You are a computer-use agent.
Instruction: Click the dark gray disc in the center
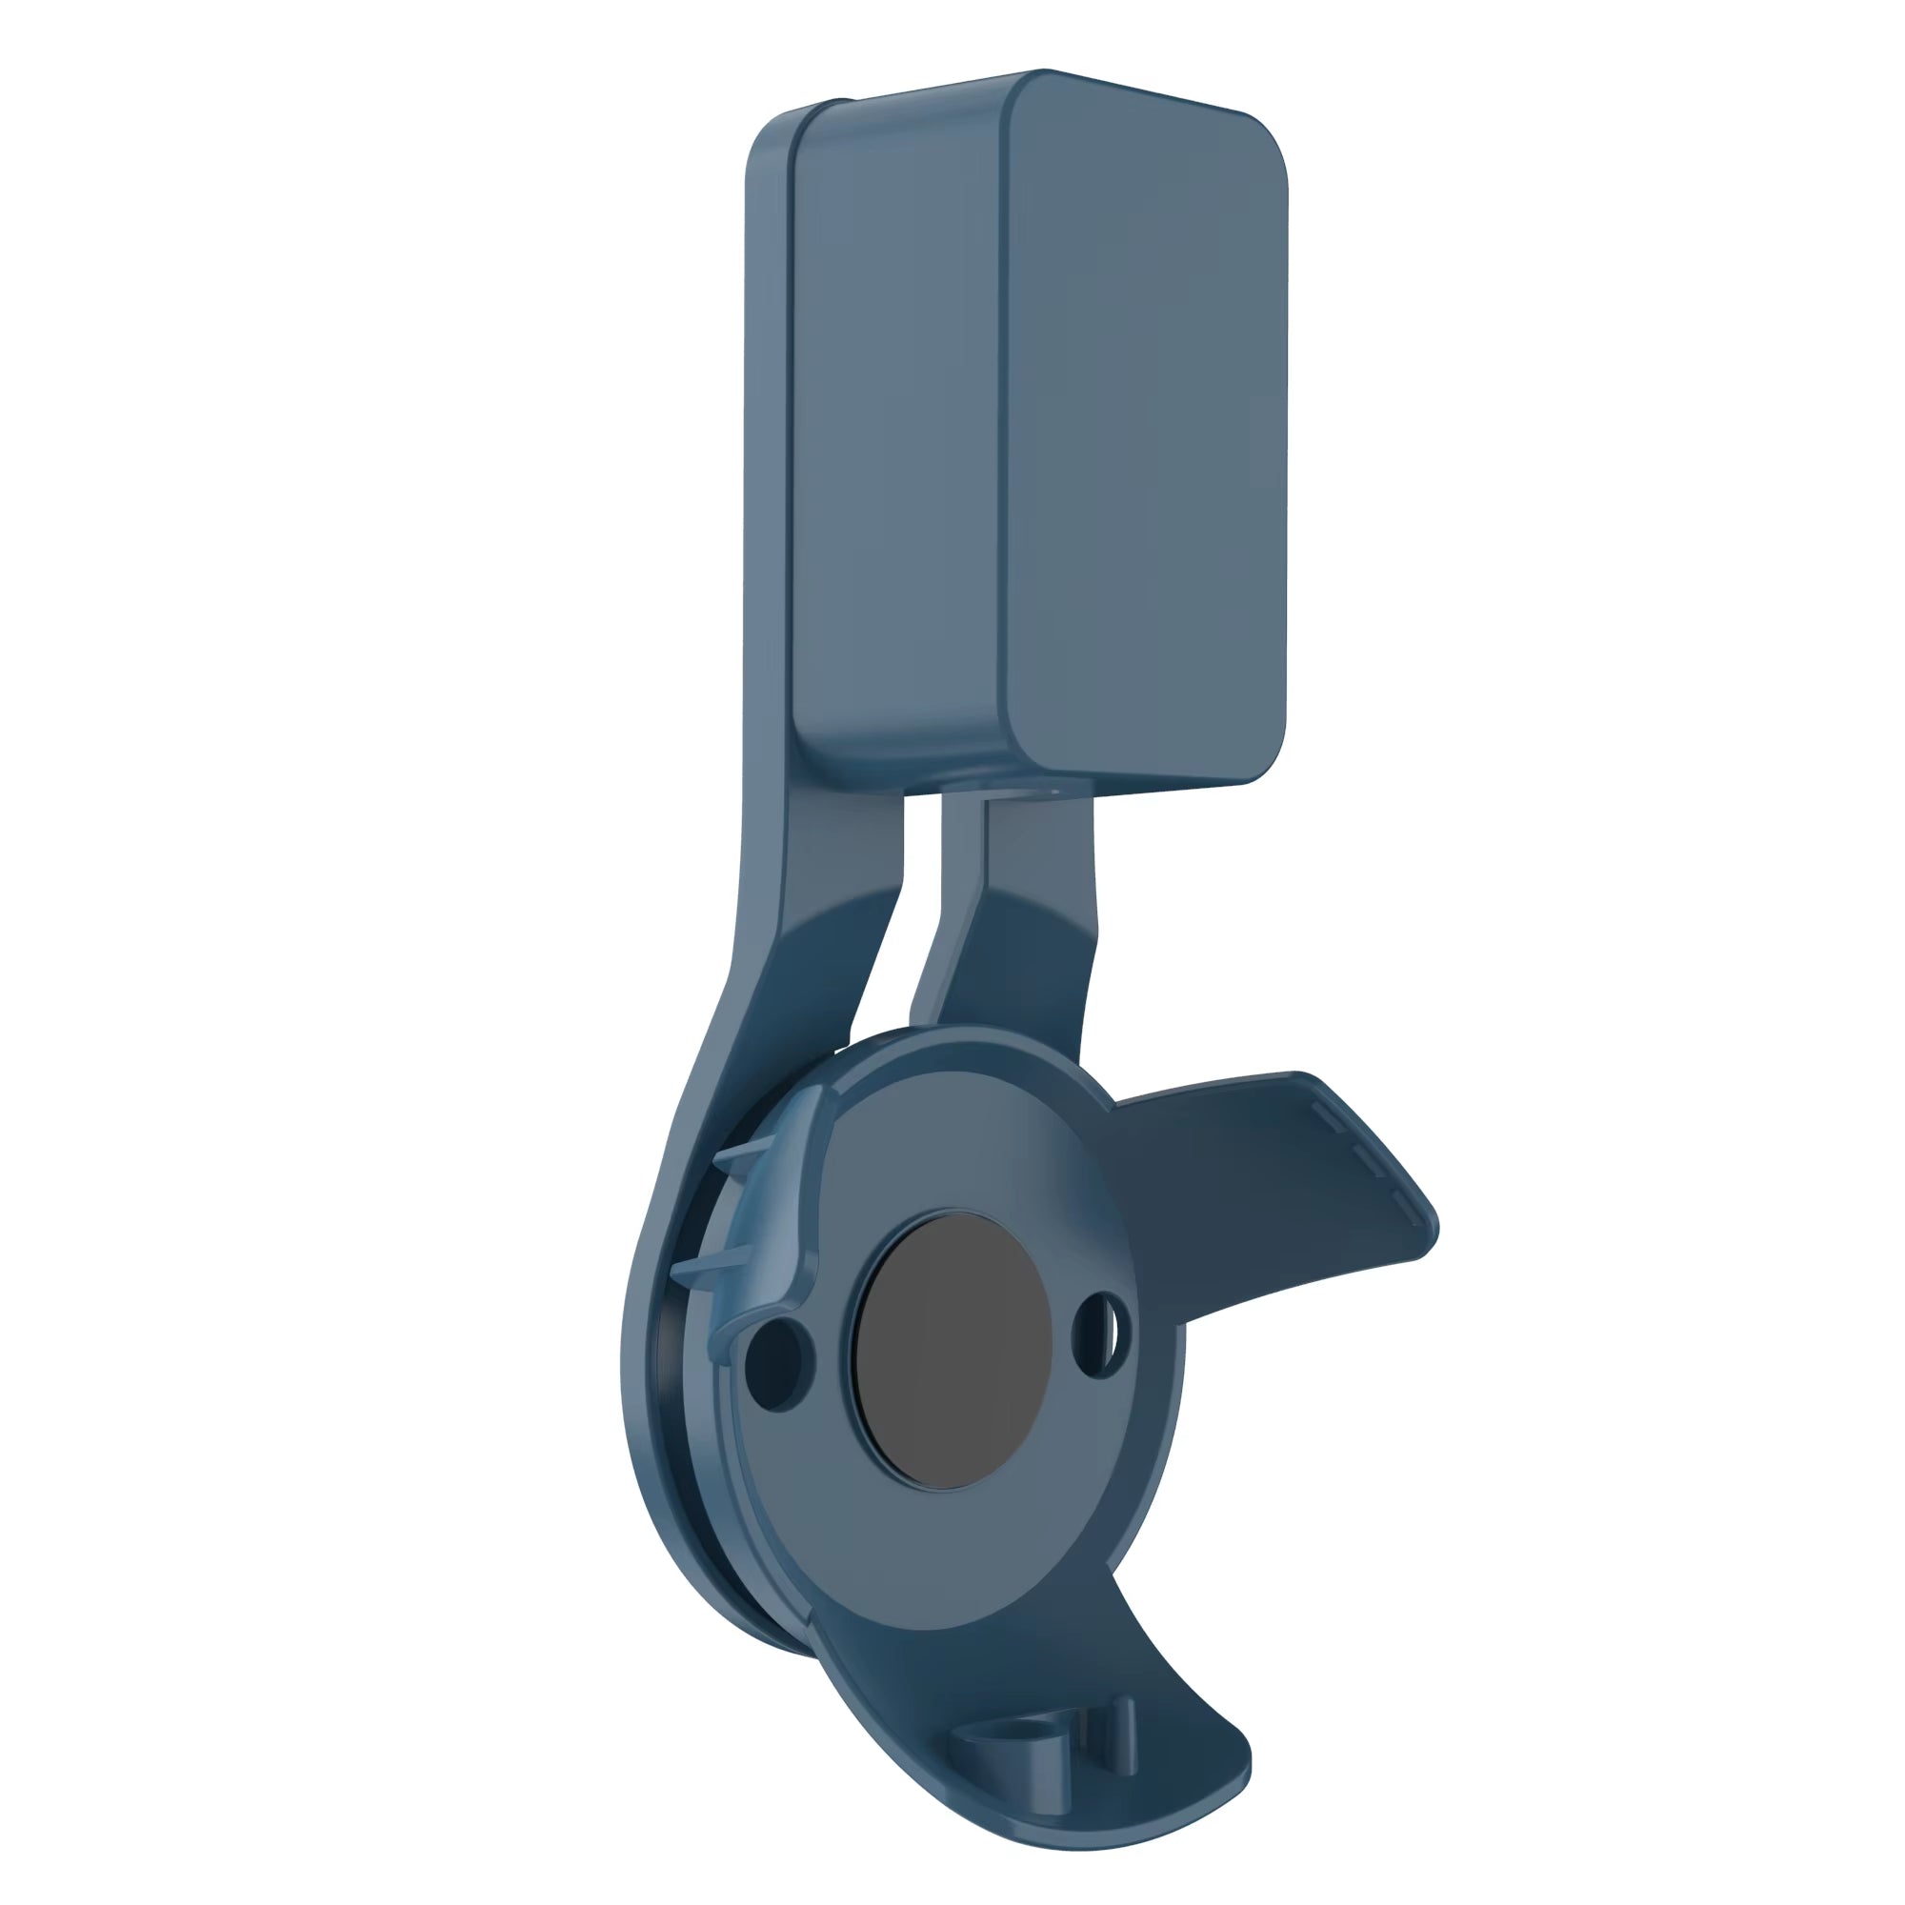[x=952, y=1351]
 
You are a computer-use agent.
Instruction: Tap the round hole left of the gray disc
[x=778, y=1363]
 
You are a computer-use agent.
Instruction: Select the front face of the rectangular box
[x=1144, y=433]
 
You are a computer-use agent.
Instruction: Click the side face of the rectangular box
[x=897, y=433]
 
